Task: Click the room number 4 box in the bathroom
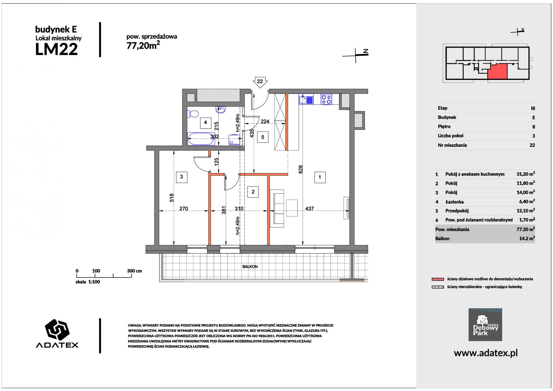pyautogui.click(x=205, y=122)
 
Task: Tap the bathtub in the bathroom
pyautogui.click(x=201, y=139)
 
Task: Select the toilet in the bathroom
pyautogui.click(x=193, y=114)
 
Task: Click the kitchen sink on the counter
pyautogui.click(x=306, y=100)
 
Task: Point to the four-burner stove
pyautogui.click(x=326, y=100)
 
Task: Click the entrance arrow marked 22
pyautogui.click(x=260, y=82)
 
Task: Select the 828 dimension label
pyautogui.click(x=301, y=169)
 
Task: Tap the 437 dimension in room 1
pyautogui.click(x=309, y=209)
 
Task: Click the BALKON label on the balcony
pyautogui.click(x=250, y=267)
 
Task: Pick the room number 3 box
pyautogui.click(x=181, y=177)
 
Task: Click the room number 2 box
pyautogui.click(x=253, y=192)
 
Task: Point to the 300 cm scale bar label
pyautogui.click(x=134, y=271)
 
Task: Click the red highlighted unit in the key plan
pyautogui.click(x=497, y=71)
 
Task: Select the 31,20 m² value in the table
pyautogui.click(x=526, y=174)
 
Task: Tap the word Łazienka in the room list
pyautogui.click(x=455, y=202)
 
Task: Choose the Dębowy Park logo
pyautogui.click(x=485, y=325)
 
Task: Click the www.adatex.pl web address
pyautogui.click(x=486, y=353)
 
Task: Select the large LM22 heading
pyautogui.click(x=56, y=50)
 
